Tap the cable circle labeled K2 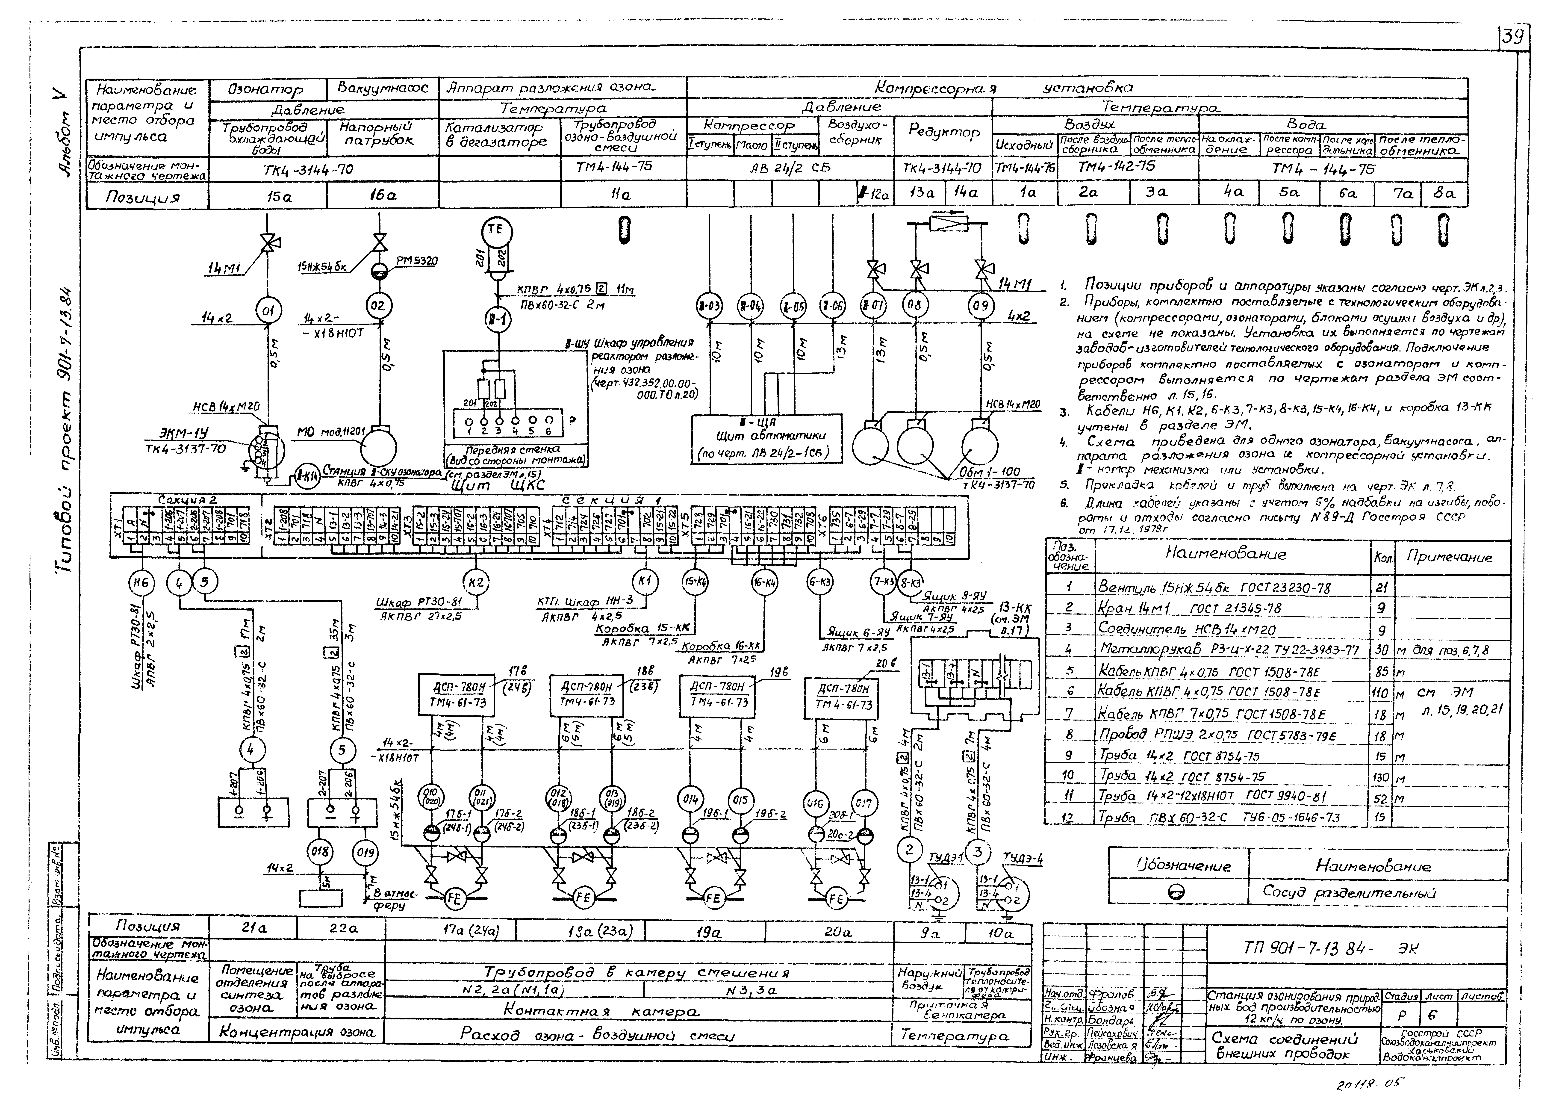[x=475, y=583]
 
